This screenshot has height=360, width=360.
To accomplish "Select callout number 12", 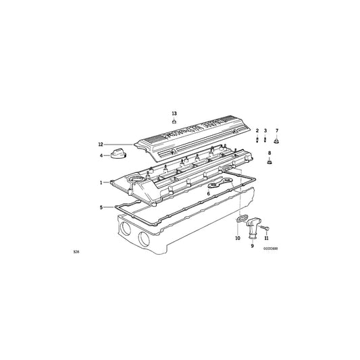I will (x=99, y=144).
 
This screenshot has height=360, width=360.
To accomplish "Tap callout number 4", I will (x=102, y=155).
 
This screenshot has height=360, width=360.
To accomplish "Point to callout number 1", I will (x=102, y=182).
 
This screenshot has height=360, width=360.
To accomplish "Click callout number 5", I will (x=102, y=207).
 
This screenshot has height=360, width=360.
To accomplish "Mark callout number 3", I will (x=265, y=129).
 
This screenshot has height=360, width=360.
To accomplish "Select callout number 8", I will (x=272, y=155).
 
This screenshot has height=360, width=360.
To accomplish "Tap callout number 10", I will (x=237, y=238).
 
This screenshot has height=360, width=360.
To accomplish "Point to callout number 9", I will (x=252, y=246).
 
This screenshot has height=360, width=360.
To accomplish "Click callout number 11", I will (x=267, y=238).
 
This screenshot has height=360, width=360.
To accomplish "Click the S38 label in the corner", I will (x=76, y=252).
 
